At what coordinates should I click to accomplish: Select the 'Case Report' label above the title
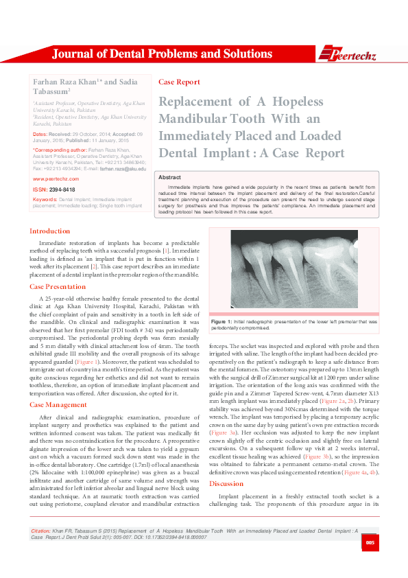[179, 82]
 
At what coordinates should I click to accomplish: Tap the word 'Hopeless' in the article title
[298, 102]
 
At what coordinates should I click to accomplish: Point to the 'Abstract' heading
[169, 176]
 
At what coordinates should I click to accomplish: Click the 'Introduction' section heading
[49, 231]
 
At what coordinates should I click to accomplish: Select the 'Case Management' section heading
[58, 405]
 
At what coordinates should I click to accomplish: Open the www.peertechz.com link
[56, 178]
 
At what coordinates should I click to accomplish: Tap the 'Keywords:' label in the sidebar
[45, 199]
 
